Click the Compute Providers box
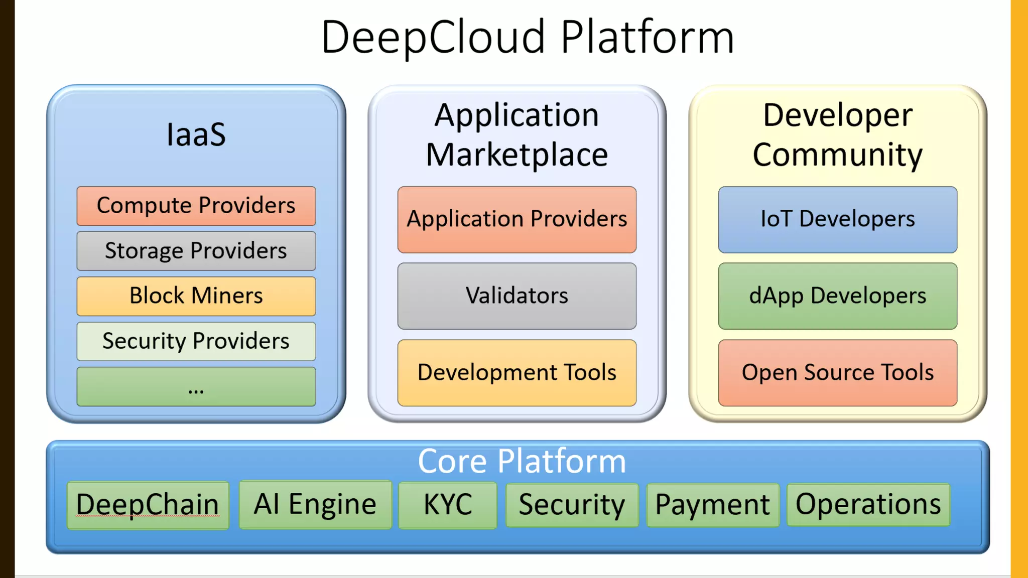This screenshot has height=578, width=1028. tap(196, 206)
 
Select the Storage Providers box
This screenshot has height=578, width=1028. tap(196, 251)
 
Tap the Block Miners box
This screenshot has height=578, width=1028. tap(196, 296)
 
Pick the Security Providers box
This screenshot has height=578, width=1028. tap(196, 341)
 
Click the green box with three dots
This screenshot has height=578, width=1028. tap(196, 386)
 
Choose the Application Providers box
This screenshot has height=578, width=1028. tap(517, 219)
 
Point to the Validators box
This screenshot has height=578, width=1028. tap(517, 296)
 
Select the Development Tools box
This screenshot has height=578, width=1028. tap(517, 372)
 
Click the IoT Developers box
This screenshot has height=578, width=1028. tap(837, 219)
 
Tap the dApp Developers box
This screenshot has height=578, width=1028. tap(837, 296)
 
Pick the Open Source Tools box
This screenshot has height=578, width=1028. tap(837, 372)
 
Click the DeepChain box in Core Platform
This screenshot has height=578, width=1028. tap(148, 505)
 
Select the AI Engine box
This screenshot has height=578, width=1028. tap(315, 504)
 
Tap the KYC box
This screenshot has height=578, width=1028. tap(447, 505)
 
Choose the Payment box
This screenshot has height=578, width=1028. tap(712, 505)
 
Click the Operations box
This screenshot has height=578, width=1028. tap(868, 504)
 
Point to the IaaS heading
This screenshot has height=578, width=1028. tap(196, 134)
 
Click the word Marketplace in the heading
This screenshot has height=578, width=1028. tap(517, 155)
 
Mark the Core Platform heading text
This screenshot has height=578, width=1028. tap(522, 461)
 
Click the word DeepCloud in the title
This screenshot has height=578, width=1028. tap(433, 37)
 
